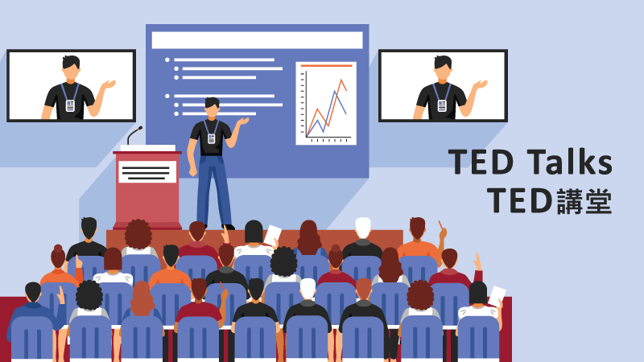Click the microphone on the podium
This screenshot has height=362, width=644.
133,134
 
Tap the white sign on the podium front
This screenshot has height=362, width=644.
147,171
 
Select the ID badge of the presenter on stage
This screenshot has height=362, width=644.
212,138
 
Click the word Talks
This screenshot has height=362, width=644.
570,162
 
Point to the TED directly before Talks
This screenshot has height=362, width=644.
481,162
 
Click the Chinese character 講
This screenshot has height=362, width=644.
570,201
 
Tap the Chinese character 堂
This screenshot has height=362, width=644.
599,201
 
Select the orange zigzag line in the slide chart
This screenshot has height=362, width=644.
327,108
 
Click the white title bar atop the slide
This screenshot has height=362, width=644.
257,40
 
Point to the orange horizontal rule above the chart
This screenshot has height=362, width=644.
327,65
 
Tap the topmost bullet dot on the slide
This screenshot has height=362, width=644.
167,60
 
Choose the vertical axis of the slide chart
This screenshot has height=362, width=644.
306,105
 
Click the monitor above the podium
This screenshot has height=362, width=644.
71,86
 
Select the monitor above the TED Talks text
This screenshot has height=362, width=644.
443,86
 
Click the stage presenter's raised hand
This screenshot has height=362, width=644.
243,121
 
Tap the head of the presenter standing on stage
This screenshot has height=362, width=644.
212,108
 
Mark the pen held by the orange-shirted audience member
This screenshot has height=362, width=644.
440,225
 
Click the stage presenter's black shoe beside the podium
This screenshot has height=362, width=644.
229,227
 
